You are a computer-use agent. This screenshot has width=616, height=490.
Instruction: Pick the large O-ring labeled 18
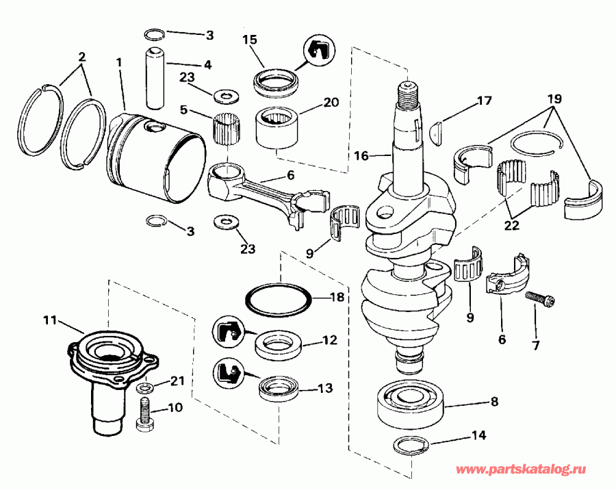279,299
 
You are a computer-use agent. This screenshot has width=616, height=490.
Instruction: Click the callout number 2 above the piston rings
81,57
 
